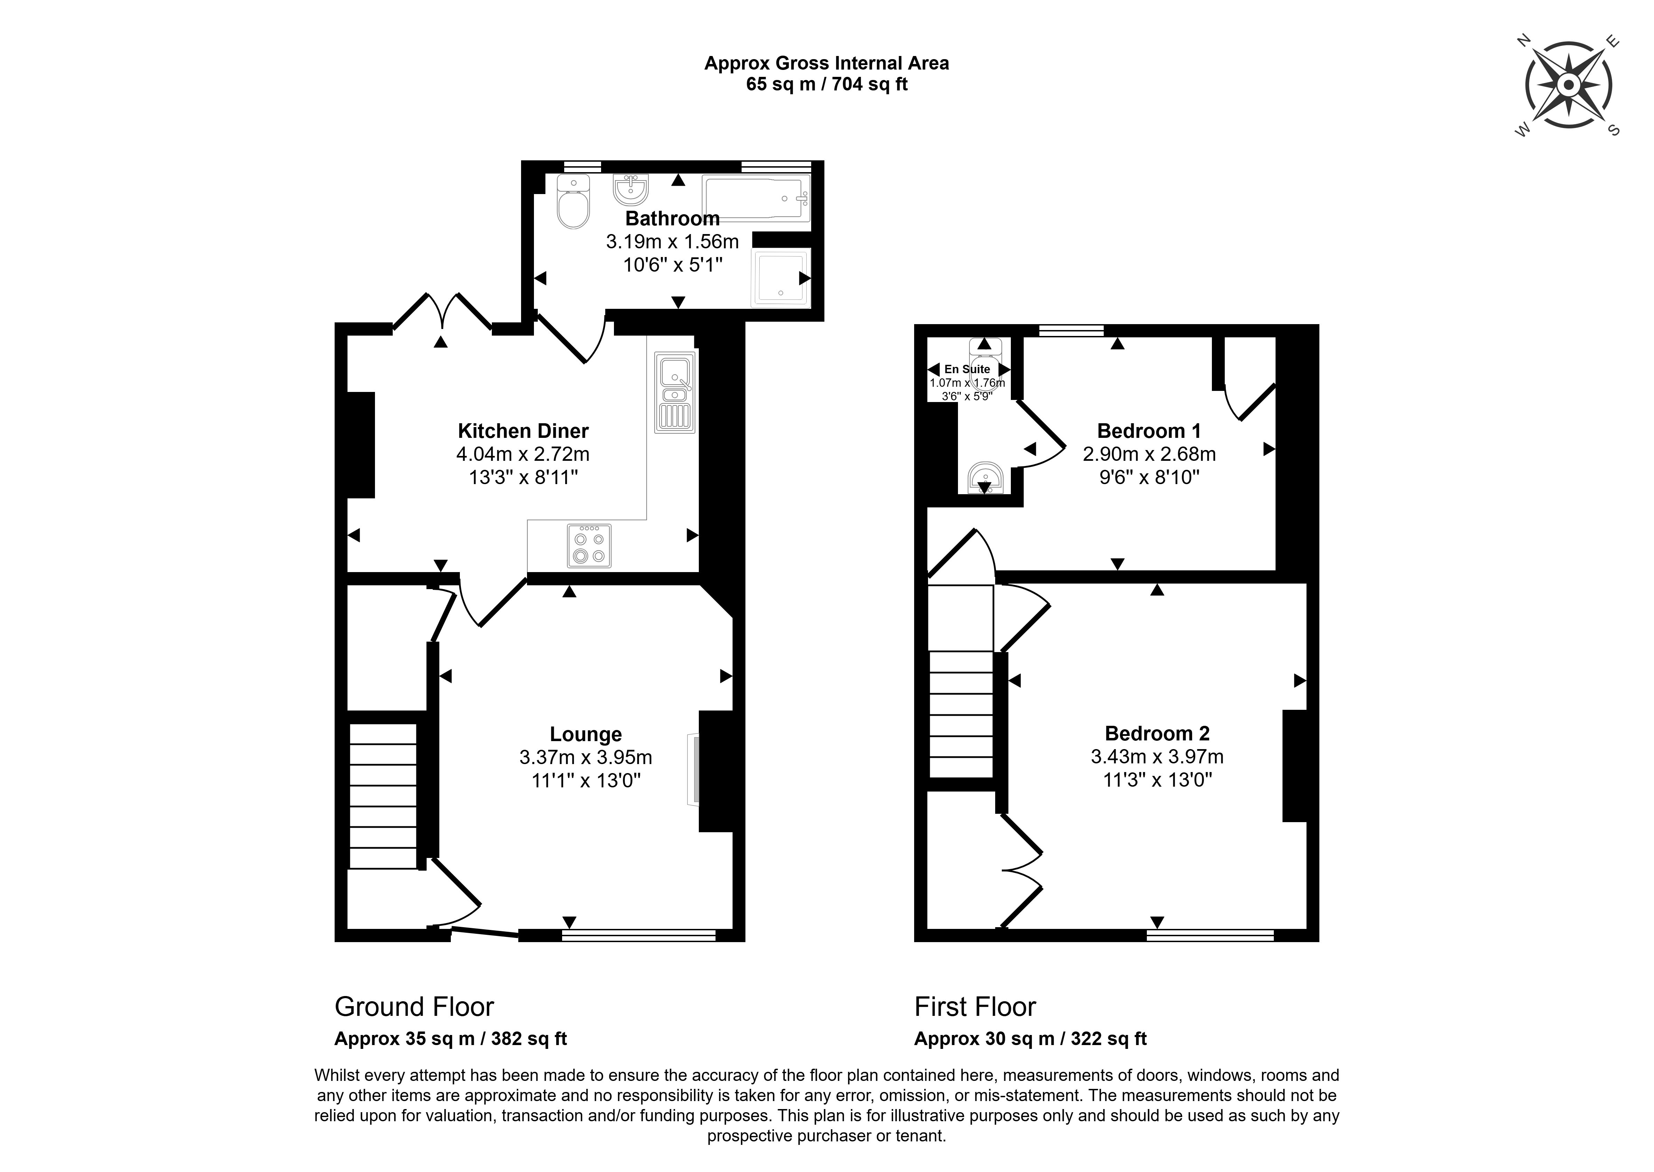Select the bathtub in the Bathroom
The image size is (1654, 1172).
[756, 199]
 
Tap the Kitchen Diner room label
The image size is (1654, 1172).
[523, 431]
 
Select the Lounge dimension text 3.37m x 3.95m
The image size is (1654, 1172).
[585, 757]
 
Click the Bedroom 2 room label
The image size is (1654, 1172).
[1157, 733]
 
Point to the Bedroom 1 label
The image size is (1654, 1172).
[1149, 431]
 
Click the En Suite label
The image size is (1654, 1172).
[967, 369]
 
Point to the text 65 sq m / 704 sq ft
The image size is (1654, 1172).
[826, 85]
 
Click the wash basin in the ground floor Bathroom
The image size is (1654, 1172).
[631, 191]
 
